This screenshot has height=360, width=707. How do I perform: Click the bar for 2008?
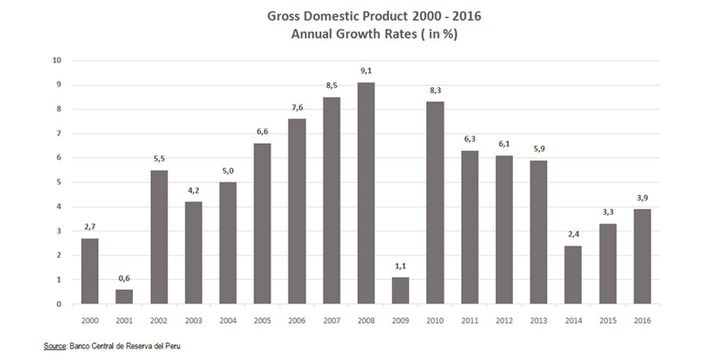(366, 193)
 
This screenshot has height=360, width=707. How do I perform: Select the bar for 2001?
(124, 296)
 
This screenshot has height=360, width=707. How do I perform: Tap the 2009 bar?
(401, 290)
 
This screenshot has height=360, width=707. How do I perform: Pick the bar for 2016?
(642, 256)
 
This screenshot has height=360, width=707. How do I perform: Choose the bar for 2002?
(159, 237)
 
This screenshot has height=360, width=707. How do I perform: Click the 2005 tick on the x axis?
(262, 320)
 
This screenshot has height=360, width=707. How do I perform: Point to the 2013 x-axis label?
(538, 320)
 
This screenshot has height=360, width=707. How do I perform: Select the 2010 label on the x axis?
(435, 320)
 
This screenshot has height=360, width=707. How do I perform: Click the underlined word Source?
(54, 345)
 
